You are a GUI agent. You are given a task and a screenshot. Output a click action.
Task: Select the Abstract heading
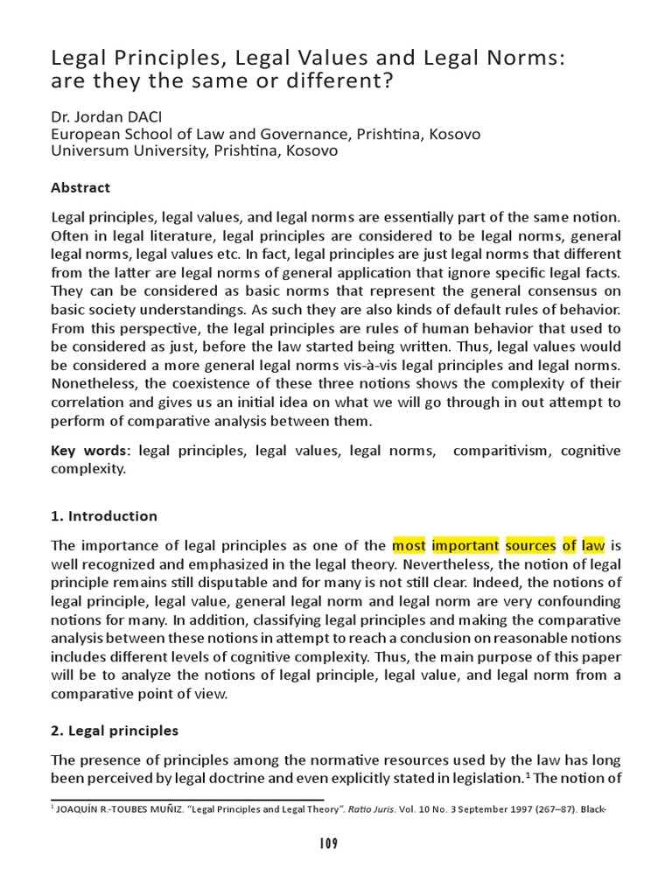point(80,187)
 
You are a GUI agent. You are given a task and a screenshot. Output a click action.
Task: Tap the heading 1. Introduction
point(104,515)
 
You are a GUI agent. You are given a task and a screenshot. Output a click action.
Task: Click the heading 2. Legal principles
point(115,730)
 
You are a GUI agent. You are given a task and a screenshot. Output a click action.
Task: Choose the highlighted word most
point(409,545)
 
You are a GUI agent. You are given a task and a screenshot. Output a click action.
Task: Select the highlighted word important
point(465,545)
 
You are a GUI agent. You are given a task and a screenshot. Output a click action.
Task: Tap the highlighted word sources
point(530,545)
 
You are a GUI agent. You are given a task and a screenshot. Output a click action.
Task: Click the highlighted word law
point(593,545)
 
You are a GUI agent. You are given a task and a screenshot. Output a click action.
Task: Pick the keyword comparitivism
point(506,451)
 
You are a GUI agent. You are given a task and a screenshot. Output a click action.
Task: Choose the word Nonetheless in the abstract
point(93,384)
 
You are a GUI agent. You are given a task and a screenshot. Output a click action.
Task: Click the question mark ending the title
point(386,85)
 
